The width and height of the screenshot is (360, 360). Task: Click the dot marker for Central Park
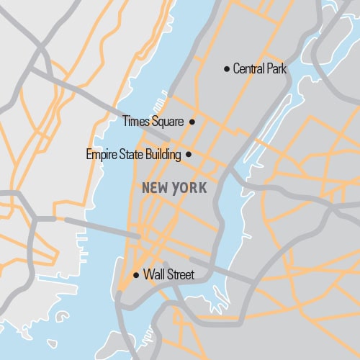click(227, 69)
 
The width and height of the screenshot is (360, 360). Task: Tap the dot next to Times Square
click(192, 122)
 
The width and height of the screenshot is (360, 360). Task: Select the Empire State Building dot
click(189, 154)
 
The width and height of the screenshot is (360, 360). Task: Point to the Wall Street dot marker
click(136, 274)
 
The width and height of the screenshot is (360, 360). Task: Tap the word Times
click(137, 122)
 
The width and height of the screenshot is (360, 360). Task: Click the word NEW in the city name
click(156, 188)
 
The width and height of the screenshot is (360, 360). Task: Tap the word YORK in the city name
click(190, 188)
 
